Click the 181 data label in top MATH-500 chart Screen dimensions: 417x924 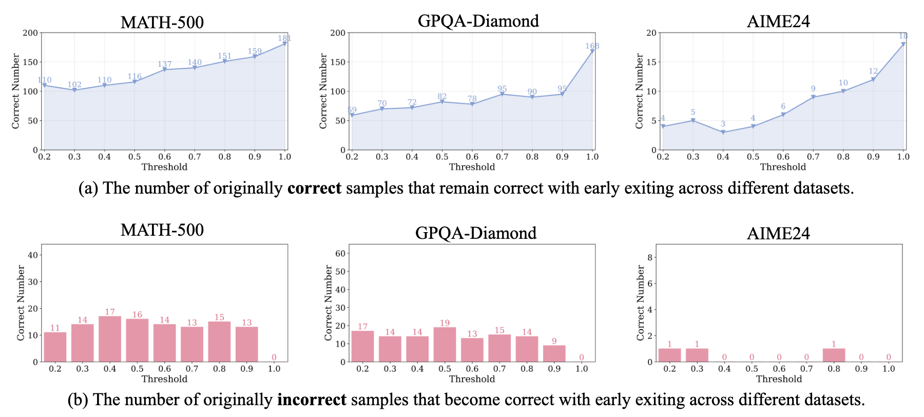(x=284, y=38)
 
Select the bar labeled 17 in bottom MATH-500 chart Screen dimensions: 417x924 (x=110, y=339)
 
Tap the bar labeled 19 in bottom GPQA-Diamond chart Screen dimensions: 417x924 (x=445, y=345)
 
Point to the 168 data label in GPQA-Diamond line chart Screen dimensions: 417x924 (x=592, y=46)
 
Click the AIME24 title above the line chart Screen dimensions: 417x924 (x=778, y=22)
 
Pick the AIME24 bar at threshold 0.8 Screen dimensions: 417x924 (x=834, y=355)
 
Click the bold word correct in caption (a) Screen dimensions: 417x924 (x=314, y=188)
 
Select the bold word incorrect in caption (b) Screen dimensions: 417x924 (x=312, y=400)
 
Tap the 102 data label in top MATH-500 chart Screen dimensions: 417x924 (x=74, y=85)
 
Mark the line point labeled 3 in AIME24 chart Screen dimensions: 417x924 (x=723, y=132)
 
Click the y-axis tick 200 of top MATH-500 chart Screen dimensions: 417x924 (x=30, y=33)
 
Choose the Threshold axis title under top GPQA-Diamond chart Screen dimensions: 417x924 (x=472, y=167)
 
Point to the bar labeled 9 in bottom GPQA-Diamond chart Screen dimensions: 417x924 (x=554, y=353)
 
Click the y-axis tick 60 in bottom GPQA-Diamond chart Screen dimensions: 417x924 (x=340, y=254)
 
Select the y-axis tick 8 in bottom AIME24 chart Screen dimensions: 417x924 (x=650, y=257)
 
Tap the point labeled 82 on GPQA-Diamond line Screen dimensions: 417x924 (x=442, y=102)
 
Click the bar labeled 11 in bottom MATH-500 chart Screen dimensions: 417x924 (x=55, y=347)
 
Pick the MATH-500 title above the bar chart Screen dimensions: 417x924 (x=162, y=230)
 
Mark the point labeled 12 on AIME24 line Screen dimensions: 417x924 (x=873, y=80)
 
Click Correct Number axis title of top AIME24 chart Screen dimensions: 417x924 (x=639, y=91)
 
